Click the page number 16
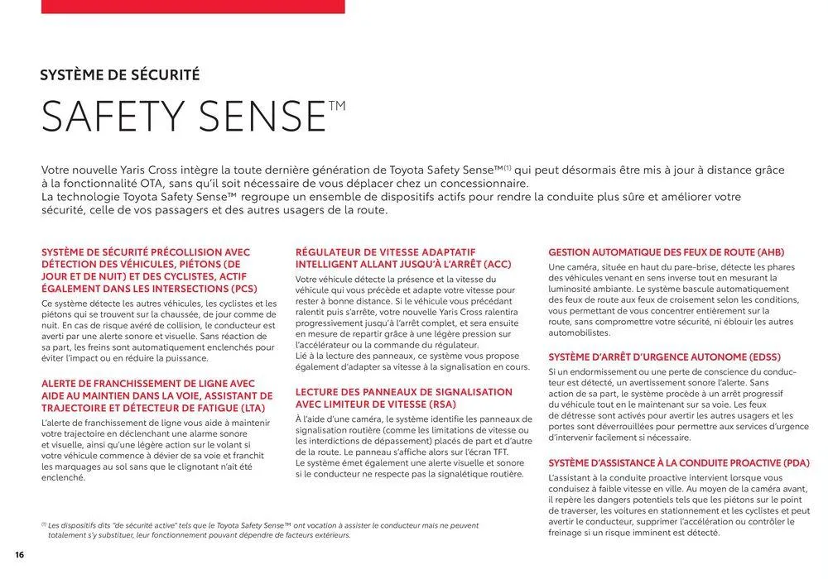coord(19,553)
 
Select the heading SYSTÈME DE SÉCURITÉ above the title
coord(120,75)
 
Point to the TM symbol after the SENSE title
coord(336,105)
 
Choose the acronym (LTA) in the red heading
coord(247,409)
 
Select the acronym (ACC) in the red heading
coord(494,265)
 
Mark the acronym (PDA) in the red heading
coord(792,463)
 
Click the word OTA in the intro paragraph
coord(157,183)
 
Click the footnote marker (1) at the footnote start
coord(44,524)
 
